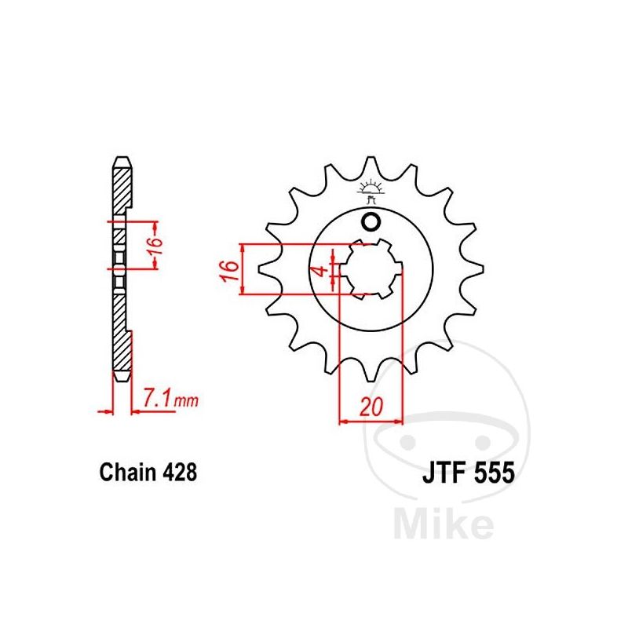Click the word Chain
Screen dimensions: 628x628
point(128,473)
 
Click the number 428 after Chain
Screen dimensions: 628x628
point(180,473)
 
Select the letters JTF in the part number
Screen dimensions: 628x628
point(444,473)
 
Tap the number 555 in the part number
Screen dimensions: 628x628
point(494,473)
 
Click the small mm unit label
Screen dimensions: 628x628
point(186,401)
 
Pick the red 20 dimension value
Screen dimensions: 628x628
point(371,407)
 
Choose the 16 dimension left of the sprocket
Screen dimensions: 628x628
point(232,271)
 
